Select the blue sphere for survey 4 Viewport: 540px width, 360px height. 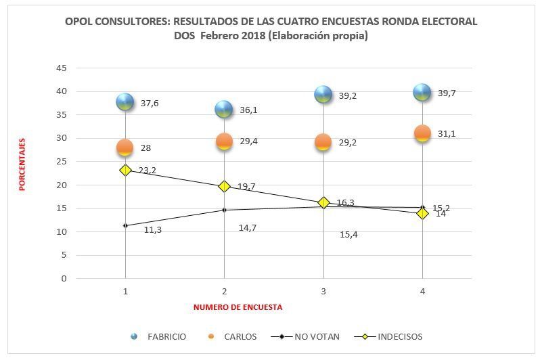[422, 93]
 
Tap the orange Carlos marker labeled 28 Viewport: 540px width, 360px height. [125, 148]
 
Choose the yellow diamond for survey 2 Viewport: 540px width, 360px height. [225, 186]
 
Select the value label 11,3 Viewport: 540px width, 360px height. [153, 230]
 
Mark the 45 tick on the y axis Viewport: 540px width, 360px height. [61, 68]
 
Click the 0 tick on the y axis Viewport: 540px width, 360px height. [64, 278]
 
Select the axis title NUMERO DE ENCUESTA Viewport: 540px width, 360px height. [238, 307]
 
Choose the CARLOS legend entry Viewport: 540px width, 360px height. [240, 336]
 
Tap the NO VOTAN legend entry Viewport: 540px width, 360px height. [317, 336]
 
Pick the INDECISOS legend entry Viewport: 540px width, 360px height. [400, 336]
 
